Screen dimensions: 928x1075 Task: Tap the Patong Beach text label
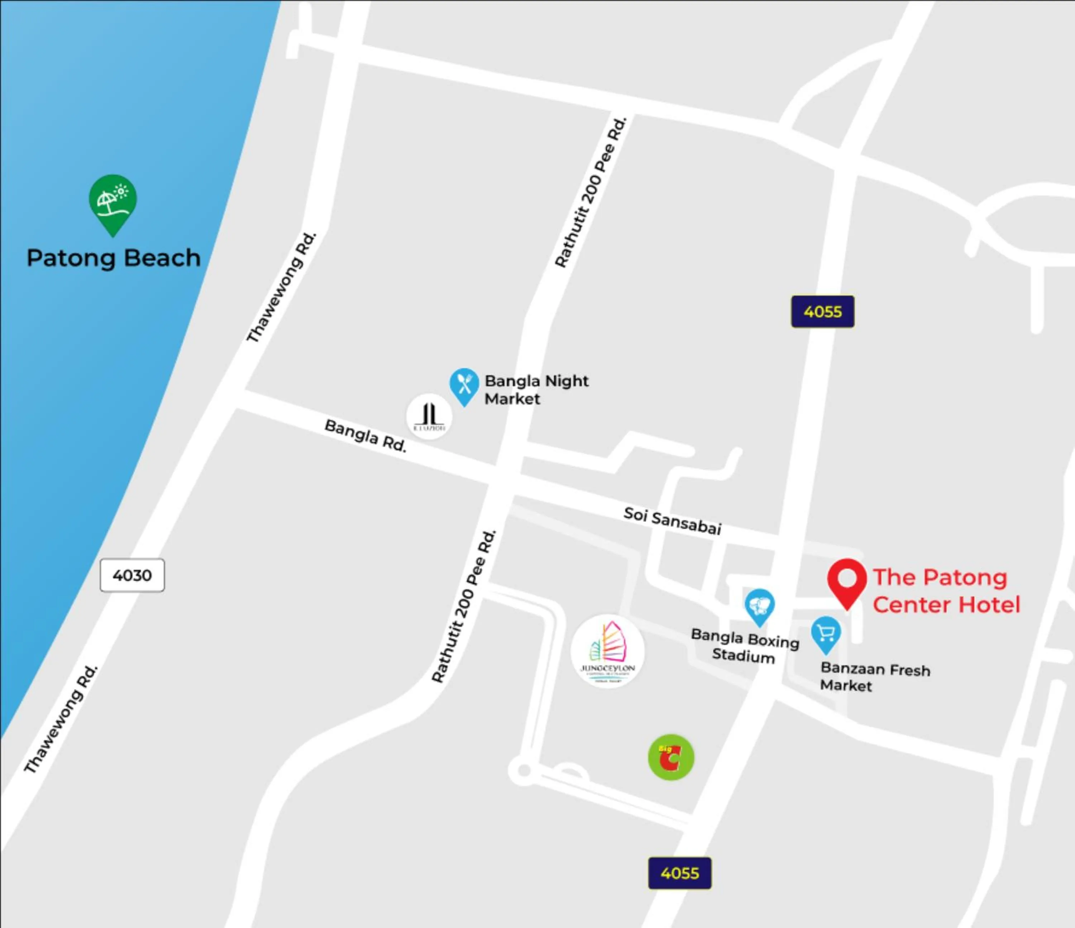[114, 258]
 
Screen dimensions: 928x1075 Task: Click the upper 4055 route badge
[822, 312]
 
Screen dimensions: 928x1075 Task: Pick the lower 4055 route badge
[680, 873]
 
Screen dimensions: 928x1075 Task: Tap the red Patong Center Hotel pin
[847, 581]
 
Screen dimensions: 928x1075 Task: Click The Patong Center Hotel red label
[946, 591]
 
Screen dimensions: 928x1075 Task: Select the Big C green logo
[671, 757]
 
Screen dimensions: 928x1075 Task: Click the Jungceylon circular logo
[607, 651]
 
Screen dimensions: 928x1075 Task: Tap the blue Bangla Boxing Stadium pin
[760, 606]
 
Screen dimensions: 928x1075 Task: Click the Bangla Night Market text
[536, 389]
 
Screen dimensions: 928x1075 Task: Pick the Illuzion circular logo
[429, 417]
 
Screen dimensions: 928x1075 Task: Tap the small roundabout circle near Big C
[524, 770]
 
